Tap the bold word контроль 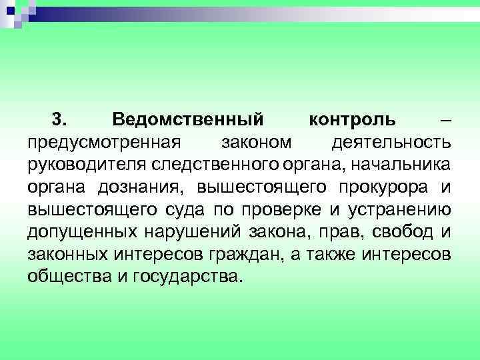click(x=352, y=119)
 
